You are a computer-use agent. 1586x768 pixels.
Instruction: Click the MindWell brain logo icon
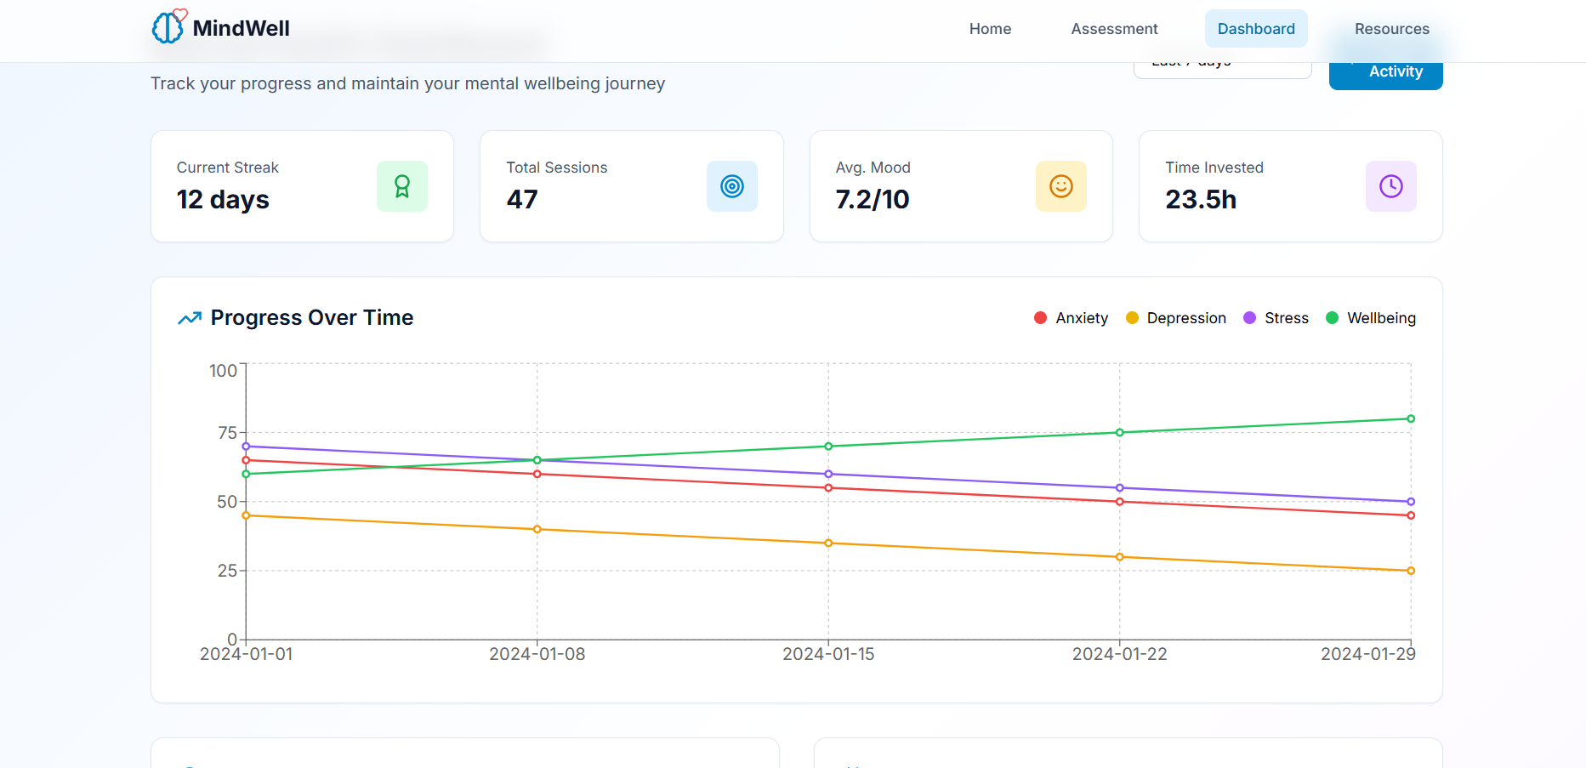tap(168, 26)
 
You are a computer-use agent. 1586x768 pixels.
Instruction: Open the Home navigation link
tap(990, 29)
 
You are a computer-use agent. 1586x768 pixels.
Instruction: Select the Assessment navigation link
tap(1114, 29)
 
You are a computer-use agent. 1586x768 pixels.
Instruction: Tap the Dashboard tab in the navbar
tap(1255, 29)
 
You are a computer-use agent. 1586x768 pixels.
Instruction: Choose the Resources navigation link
tap(1391, 29)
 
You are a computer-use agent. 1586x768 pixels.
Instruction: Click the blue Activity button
tap(1385, 72)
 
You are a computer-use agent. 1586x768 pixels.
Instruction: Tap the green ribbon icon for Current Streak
tap(402, 186)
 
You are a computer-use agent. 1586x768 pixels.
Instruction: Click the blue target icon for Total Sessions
tap(731, 186)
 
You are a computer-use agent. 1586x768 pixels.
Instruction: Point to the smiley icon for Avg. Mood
tap(1060, 186)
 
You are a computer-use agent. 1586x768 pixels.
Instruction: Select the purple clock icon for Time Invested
tap(1390, 186)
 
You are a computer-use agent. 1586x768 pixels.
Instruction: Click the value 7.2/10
tap(872, 200)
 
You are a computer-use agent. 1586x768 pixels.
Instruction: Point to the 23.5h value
tap(1200, 200)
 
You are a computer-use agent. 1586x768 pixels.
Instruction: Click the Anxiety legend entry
tap(1072, 318)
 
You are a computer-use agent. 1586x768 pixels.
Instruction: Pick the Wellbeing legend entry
tap(1371, 318)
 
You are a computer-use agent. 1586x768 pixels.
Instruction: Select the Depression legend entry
tap(1176, 318)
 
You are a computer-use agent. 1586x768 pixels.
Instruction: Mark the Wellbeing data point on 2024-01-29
tap(1411, 418)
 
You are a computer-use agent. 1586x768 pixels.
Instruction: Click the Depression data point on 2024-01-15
tap(828, 543)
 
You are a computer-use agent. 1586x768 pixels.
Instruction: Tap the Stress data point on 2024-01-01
tap(246, 447)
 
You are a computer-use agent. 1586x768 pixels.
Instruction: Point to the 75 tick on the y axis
tap(226, 433)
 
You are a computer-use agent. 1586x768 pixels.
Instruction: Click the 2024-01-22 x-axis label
tap(1119, 654)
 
